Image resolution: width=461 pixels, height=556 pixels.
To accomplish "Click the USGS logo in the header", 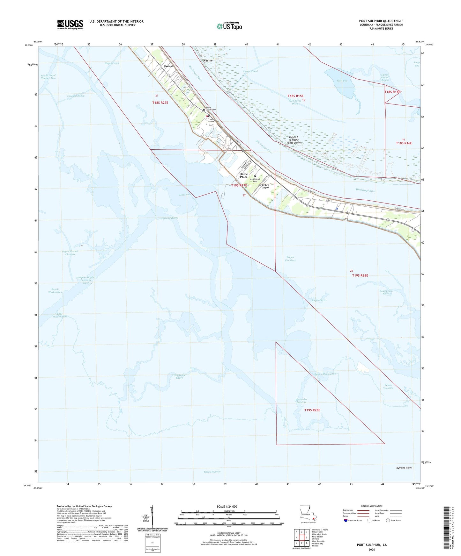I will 70,25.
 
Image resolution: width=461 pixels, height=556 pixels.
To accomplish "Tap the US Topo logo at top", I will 229,26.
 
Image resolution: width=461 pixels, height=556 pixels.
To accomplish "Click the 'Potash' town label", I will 169,66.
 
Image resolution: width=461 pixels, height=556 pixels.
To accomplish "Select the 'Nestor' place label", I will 208,61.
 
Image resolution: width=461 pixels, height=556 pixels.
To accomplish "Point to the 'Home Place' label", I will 243,175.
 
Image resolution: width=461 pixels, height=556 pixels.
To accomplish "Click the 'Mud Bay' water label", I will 342,81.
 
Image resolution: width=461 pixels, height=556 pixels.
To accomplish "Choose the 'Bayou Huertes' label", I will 212,472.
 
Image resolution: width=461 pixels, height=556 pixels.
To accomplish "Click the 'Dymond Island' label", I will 404,467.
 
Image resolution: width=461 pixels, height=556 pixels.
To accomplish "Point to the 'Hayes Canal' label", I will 112,63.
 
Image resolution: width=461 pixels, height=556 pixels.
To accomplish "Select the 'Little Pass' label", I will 185,195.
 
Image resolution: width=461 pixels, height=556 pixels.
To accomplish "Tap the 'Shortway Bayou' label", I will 179,376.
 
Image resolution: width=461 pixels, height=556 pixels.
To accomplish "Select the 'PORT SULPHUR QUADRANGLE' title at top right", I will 381,21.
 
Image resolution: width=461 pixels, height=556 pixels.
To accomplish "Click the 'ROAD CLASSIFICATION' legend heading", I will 372,506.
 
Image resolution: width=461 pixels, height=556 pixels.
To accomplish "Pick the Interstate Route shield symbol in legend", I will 346,520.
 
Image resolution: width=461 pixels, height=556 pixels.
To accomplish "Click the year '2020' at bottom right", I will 372,549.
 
